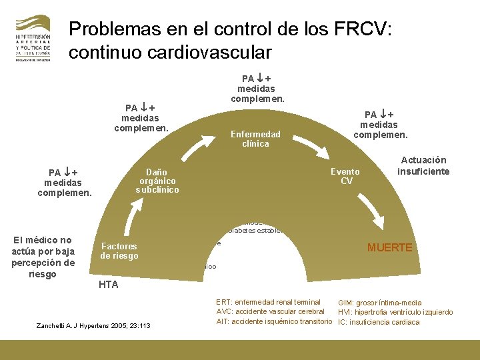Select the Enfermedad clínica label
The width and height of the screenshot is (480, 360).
click(x=255, y=139)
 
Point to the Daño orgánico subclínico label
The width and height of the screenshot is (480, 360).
click(x=157, y=180)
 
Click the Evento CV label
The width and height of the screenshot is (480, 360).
click(x=346, y=176)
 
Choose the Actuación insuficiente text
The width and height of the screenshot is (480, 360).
click(x=423, y=166)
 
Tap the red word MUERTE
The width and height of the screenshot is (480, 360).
click(x=390, y=247)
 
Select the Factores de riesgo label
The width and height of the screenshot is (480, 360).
click(x=119, y=251)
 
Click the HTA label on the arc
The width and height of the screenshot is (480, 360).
click(x=109, y=285)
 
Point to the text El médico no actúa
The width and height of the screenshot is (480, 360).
click(x=43, y=257)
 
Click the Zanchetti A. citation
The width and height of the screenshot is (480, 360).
click(x=96, y=325)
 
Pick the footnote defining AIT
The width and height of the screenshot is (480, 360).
click(x=274, y=322)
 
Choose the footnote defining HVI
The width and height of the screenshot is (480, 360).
click(x=395, y=312)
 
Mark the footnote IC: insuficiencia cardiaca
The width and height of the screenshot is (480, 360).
click(x=379, y=322)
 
